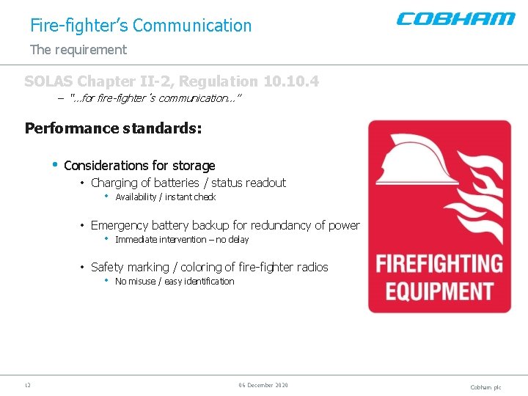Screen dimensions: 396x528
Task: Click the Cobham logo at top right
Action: (x=455, y=19)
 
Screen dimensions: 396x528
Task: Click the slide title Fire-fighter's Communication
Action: (x=141, y=26)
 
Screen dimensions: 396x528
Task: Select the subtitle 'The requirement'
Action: (x=78, y=50)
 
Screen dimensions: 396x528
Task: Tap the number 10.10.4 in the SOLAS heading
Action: (x=290, y=81)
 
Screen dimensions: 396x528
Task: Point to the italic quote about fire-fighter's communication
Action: (x=155, y=98)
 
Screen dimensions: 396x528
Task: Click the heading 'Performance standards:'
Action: (x=113, y=128)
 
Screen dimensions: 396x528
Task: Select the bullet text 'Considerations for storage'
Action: (x=139, y=166)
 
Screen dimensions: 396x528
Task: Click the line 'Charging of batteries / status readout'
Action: (x=188, y=183)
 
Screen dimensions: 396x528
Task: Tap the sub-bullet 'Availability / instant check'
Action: (x=165, y=197)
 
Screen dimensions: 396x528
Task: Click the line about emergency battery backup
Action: (x=225, y=225)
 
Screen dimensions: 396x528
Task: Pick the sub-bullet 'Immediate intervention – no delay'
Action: (x=182, y=240)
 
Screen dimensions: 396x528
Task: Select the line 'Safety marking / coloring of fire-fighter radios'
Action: (x=209, y=267)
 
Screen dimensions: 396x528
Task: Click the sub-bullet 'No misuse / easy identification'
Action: (x=175, y=282)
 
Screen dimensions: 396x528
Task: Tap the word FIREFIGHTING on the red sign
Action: (x=439, y=263)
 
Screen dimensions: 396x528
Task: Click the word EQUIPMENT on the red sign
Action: (x=439, y=290)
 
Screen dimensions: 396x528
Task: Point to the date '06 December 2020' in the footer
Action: (x=263, y=385)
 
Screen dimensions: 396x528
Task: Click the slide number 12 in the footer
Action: (x=27, y=385)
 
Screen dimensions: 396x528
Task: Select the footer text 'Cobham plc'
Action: (x=485, y=387)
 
